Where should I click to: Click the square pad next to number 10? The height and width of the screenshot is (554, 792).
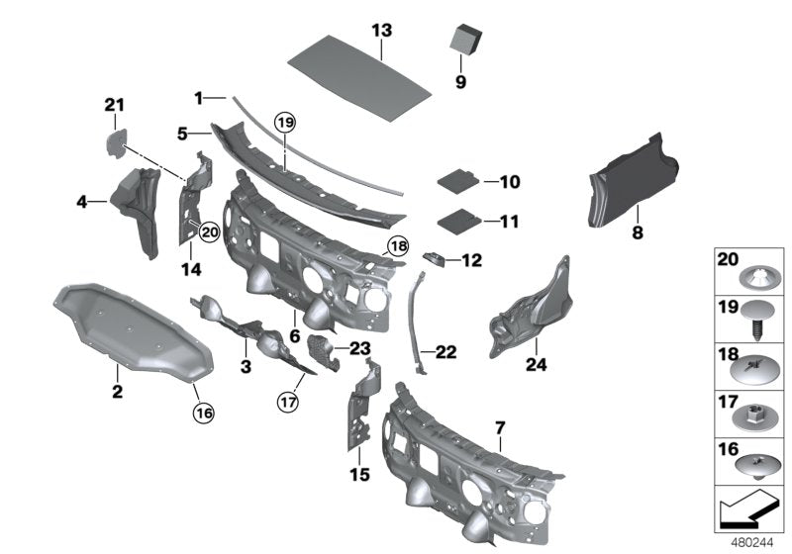coord(457,181)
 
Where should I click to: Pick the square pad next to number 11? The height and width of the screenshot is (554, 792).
coord(457,220)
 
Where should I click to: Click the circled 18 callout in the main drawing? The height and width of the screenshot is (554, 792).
coord(397,246)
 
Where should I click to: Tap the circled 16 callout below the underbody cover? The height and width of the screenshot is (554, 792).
coord(202,412)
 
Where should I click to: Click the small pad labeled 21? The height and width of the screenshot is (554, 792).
coord(118,138)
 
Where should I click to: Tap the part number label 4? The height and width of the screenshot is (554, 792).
coord(83,203)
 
